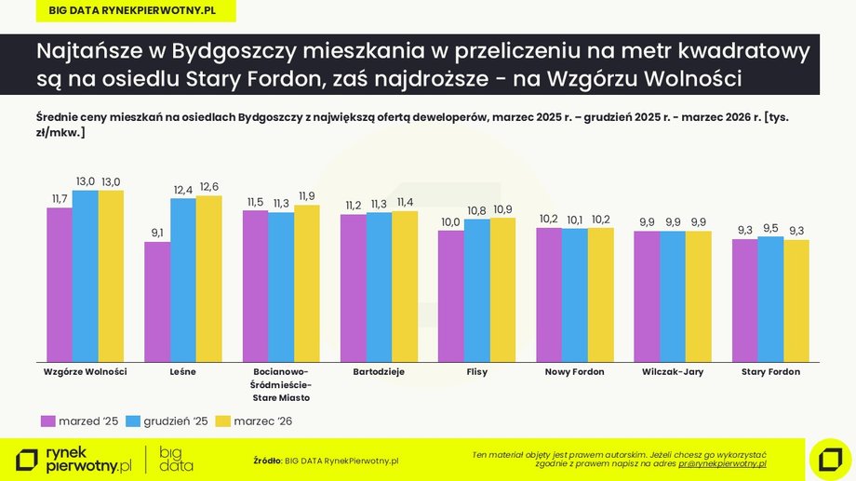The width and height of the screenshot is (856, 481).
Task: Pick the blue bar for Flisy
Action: point(477,290)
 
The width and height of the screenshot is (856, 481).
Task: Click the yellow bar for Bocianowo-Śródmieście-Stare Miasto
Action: point(307,283)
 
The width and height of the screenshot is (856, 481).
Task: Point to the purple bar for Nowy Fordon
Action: point(549,294)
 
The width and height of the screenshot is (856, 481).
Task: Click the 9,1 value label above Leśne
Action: point(156,234)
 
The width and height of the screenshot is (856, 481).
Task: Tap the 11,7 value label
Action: point(60,199)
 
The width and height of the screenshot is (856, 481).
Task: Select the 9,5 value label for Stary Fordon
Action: point(770,228)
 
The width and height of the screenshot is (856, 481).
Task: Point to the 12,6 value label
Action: point(208,187)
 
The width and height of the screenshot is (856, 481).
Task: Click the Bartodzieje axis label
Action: point(379,372)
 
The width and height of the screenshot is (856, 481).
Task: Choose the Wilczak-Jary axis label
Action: point(673,372)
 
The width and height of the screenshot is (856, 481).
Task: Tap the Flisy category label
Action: point(476,372)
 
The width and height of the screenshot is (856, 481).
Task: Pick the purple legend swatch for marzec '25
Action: point(49,421)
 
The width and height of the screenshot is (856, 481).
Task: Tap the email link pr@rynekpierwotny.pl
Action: point(722,462)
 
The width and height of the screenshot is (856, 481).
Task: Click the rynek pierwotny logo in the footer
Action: point(74,459)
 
